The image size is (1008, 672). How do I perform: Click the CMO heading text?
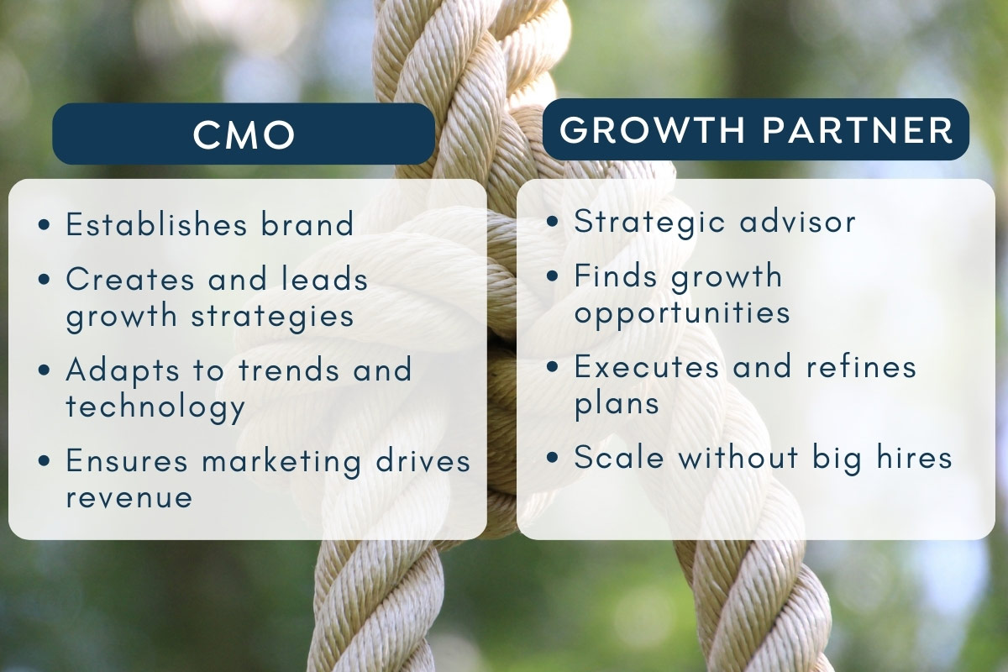point(244,135)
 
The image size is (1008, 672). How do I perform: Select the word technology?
point(155,407)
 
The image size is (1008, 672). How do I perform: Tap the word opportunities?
point(682,312)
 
